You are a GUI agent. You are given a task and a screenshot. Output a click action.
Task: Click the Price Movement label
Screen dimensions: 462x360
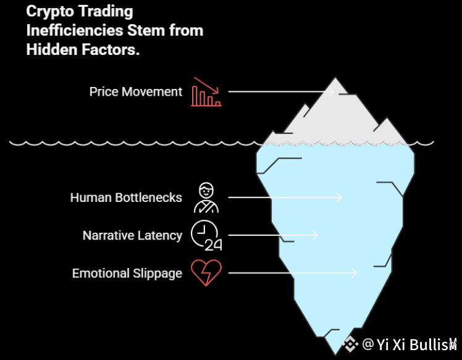coord(136,92)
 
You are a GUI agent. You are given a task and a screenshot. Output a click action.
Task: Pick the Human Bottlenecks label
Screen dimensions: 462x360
coord(126,198)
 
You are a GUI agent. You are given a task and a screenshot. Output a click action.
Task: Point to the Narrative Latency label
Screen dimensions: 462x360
coord(132,235)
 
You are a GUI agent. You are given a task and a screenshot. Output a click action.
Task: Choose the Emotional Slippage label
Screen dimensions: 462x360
coord(127,273)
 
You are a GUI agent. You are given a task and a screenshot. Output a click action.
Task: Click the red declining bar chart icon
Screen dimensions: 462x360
coord(206,92)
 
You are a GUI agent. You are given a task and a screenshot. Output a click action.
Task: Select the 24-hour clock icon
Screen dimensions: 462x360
coord(206,235)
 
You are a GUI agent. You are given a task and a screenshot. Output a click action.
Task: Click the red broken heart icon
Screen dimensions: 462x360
coord(206,273)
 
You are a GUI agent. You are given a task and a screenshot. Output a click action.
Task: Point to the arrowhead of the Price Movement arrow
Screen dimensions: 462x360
coord(331,92)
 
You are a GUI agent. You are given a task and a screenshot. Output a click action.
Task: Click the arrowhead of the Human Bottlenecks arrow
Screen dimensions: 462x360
coord(339,198)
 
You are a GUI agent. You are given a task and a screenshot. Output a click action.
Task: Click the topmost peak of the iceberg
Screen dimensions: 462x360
coord(335,78)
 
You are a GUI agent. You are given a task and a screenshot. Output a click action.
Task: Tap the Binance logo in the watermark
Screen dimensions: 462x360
coord(351,343)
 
